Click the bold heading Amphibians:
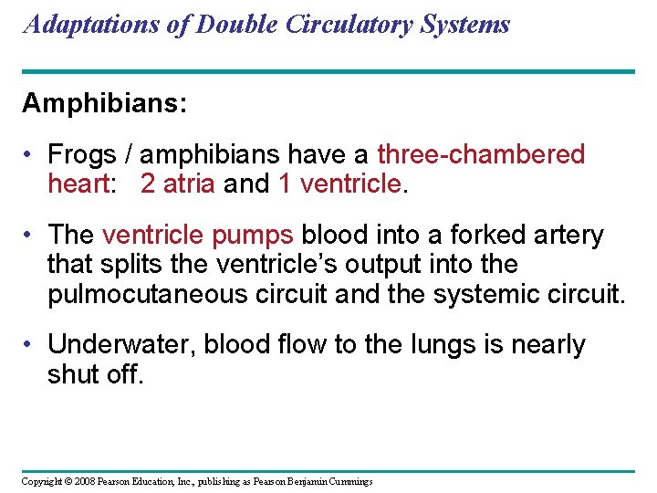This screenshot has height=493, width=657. point(105,103)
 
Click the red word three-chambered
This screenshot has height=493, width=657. point(481,154)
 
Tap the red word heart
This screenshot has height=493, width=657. point(78,184)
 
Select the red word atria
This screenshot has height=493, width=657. point(189,184)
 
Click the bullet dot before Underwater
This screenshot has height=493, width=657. point(30,344)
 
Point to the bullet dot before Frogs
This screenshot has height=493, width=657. point(30,154)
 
